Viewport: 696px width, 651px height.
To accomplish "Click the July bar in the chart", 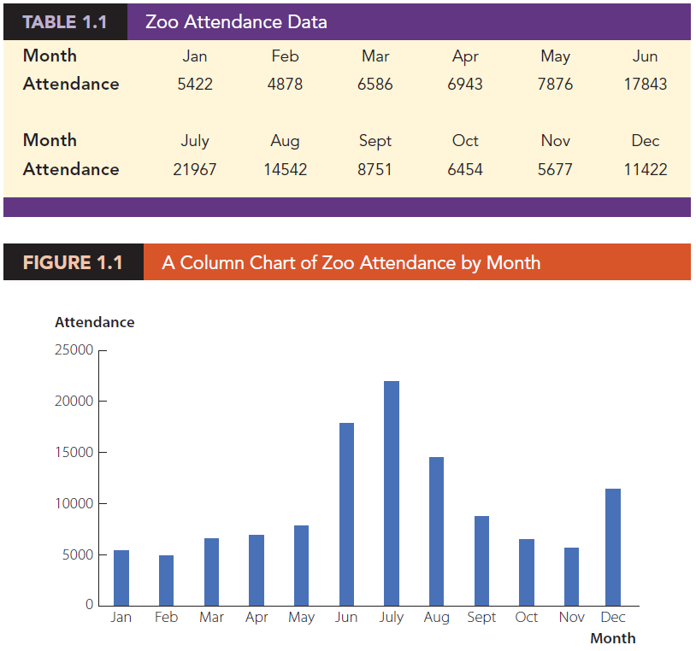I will pyautogui.click(x=392, y=493).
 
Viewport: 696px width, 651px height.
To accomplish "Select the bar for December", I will pyautogui.click(x=613, y=547).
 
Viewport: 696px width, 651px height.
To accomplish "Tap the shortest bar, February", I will pyautogui.click(x=166, y=580).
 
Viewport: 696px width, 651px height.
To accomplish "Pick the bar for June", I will pyautogui.click(x=346, y=513).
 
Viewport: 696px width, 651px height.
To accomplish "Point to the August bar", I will pyautogui.click(x=436, y=531).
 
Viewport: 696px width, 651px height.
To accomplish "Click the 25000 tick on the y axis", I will pyautogui.click(x=74, y=350).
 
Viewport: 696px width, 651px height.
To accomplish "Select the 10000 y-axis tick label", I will pyautogui.click(x=74, y=503).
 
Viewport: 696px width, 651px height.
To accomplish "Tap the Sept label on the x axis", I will pyautogui.click(x=481, y=617).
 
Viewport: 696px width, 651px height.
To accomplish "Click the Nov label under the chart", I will pyautogui.click(x=571, y=617).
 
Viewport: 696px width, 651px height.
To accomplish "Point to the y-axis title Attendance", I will pyautogui.click(x=94, y=322).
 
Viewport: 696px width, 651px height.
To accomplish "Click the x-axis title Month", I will pyautogui.click(x=612, y=638).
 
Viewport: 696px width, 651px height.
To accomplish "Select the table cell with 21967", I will pyautogui.click(x=195, y=169).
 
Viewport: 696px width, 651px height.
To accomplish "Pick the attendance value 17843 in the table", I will pyautogui.click(x=645, y=84).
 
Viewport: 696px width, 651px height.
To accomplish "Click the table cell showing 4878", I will pyautogui.click(x=285, y=84).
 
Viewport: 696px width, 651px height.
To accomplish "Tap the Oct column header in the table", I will pyautogui.click(x=464, y=141).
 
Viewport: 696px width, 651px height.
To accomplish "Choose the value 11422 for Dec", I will pyautogui.click(x=645, y=169).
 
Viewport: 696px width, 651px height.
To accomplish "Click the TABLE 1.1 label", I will pyautogui.click(x=65, y=22).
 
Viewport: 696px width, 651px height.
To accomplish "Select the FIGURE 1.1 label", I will pyautogui.click(x=73, y=262).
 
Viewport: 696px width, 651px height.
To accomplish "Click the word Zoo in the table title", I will pyautogui.click(x=162, y=22).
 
